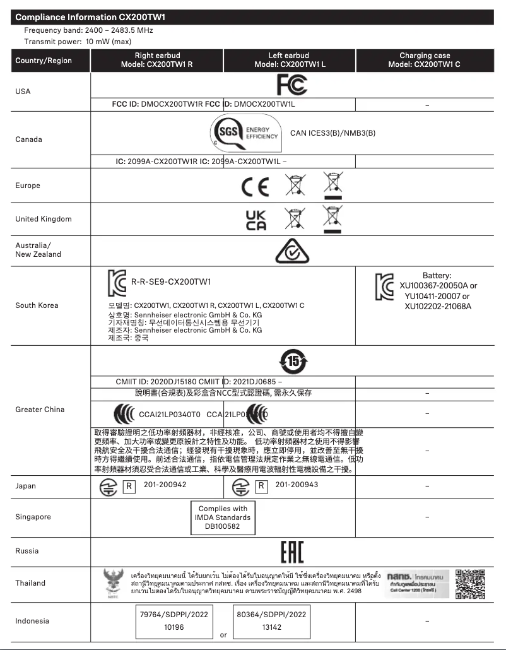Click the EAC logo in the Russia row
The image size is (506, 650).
coord(291,552)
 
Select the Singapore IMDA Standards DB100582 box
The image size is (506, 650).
coord(223,517)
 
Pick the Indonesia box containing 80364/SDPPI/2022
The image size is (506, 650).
coord(271,620)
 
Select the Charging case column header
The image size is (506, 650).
coord(425,61)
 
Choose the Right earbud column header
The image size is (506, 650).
coord(156,61)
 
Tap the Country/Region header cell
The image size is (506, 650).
coord(44,61)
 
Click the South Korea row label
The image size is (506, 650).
coord(37,306)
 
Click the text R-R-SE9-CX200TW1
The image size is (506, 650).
coord(170,281)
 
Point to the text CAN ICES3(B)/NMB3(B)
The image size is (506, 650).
coord(332,133)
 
